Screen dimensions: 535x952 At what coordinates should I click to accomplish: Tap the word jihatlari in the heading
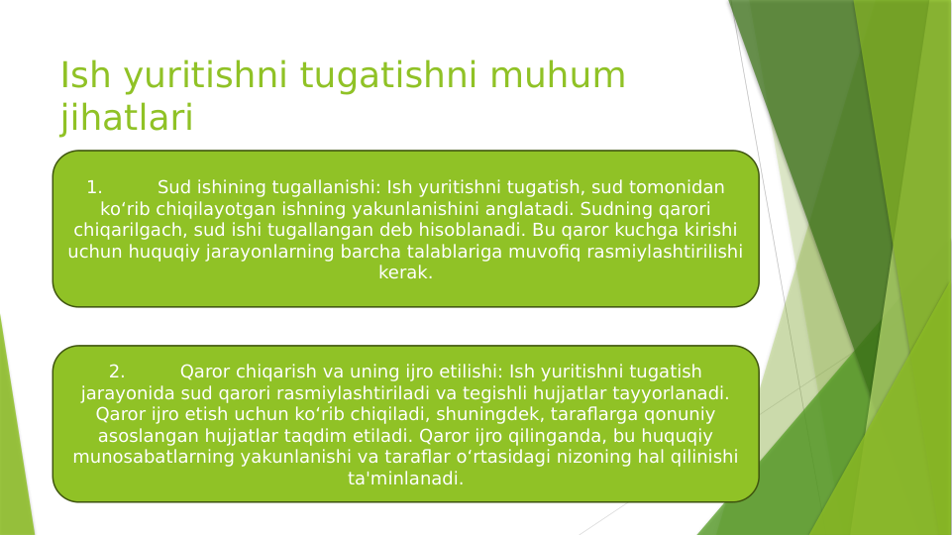[x=126, y=119]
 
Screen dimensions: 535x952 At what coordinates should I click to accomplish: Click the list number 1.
[x=94, y=187]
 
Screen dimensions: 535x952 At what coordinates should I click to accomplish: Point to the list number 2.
[x=117, y=372]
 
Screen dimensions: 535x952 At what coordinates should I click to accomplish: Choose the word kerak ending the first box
[x=405, y=272]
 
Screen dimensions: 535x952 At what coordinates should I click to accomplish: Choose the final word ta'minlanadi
[x=405, y=479]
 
